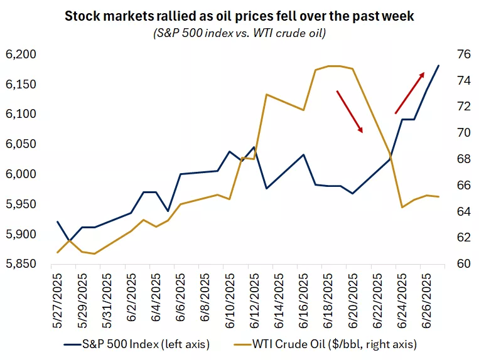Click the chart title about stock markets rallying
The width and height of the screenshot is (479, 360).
click(x=240, y=16)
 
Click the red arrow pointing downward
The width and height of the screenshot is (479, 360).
click(x=350, y=112)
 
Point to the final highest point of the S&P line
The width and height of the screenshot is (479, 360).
click(x=438, y=65)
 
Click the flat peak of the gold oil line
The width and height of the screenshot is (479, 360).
click(x=333, y=66)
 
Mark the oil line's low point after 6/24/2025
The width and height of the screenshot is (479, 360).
click(x=401, y=207)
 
